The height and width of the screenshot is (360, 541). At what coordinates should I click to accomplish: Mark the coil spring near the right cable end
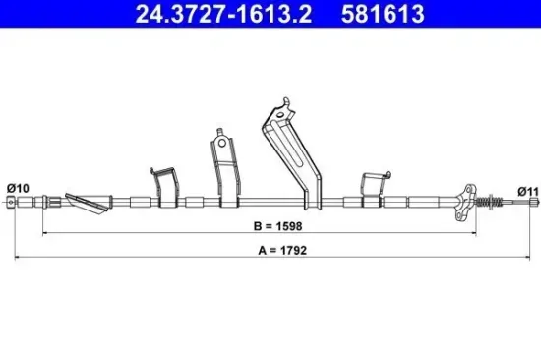tap(486, 203)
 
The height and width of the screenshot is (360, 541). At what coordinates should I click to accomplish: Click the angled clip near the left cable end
tap(85, 204)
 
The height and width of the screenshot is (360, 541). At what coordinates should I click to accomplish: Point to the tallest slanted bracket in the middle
tap(291, 152)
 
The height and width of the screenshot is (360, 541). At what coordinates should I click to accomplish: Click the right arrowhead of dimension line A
tap(532, 256)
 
